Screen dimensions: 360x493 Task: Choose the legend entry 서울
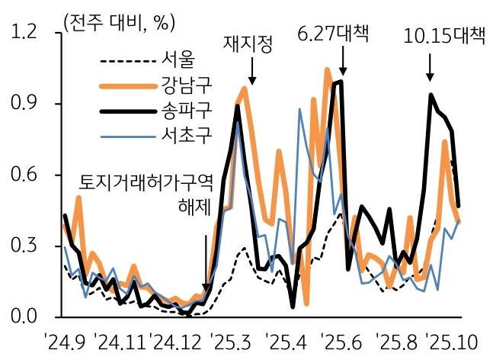tap(178, 58)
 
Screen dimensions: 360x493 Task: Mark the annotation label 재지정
tap(247, 43)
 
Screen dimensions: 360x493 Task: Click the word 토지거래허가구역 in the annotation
tap(146, 183)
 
